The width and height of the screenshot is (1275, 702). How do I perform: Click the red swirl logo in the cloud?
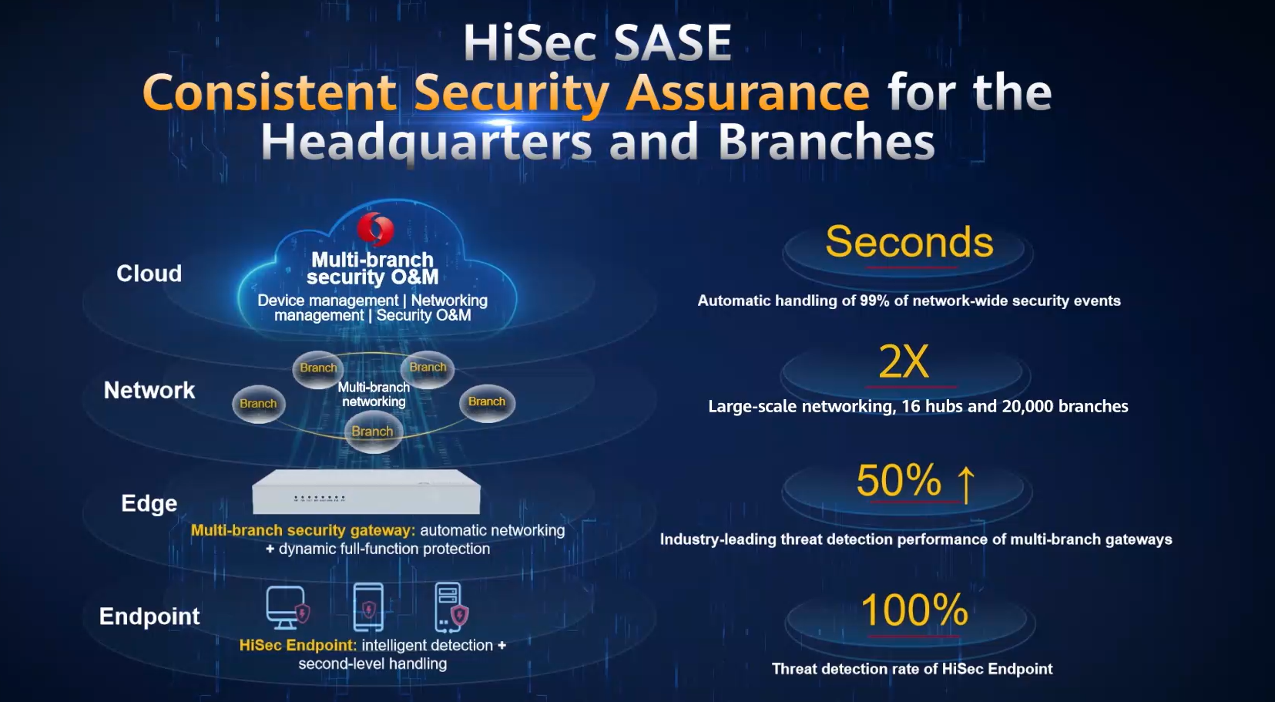pyautogui.click(x=375, y=229)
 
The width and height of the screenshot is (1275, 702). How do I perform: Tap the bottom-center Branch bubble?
pyautogui.click(x=373, y=431)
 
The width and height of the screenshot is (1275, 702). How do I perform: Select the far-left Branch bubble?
pyautogui.click(x=258, y=404)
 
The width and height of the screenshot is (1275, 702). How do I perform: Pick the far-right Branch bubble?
pyautogui.click(x=487, y=402)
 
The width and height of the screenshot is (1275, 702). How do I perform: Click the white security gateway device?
pyautogui.click(x=366, y=492)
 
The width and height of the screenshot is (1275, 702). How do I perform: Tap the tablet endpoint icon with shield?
pyautogui.click(x=368, y=607)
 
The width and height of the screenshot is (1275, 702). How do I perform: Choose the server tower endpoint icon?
pyautogui.click(x=451, y=607)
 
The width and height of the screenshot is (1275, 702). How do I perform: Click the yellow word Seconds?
pyautogui.click(x=909, y=241)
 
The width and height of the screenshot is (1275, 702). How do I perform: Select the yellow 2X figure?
pyautogui.click(x=904, y=361)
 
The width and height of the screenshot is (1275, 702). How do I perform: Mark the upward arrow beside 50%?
pyautogui.click(x=965, y=484)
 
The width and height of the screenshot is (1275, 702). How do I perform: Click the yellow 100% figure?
pyautogui.click(x=914, y=610)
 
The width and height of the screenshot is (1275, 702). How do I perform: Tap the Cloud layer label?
pyautogui.click(x=149, y=274)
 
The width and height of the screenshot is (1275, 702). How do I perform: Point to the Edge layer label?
pyautogui.click(x=149, y=503)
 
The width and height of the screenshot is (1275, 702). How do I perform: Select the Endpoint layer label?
pyautogui.click(x=149, y=616)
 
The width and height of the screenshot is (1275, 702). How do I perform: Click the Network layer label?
pyautogui.click(x=149, y=391)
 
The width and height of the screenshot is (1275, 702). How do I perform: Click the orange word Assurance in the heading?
pyautogui.click(x=747, y=92)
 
